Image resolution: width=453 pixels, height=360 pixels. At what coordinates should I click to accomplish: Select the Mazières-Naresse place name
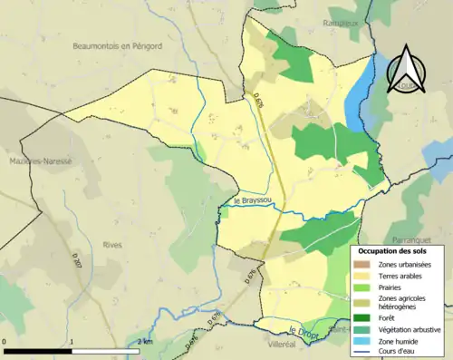click(37, 161)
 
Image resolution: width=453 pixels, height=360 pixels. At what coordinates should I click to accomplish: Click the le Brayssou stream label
click(251, 200)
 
